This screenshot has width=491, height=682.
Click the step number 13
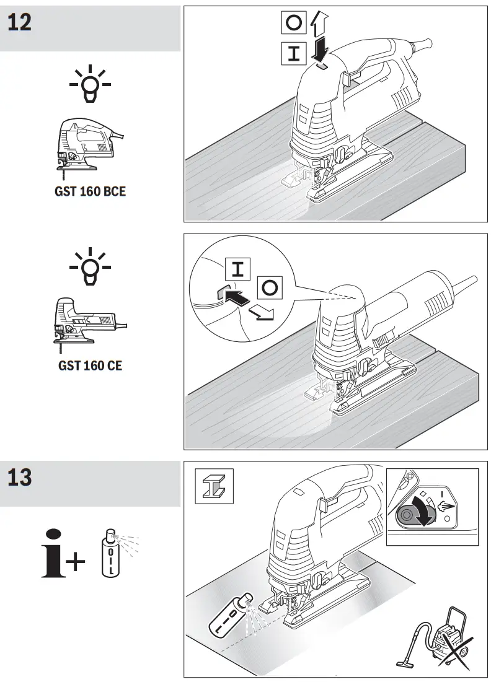pos(20,478)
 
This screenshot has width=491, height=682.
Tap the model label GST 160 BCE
pos(89,191)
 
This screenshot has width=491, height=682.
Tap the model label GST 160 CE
pos(90,365)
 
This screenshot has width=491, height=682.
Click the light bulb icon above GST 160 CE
pos(90,268)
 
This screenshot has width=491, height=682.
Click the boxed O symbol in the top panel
pos(294,24)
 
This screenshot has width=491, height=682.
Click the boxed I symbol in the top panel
pos(294,52)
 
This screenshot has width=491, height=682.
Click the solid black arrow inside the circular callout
pos(235,295)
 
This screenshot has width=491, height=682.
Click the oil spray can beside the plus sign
pos(110,553)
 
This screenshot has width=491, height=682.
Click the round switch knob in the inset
pos(409,514)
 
